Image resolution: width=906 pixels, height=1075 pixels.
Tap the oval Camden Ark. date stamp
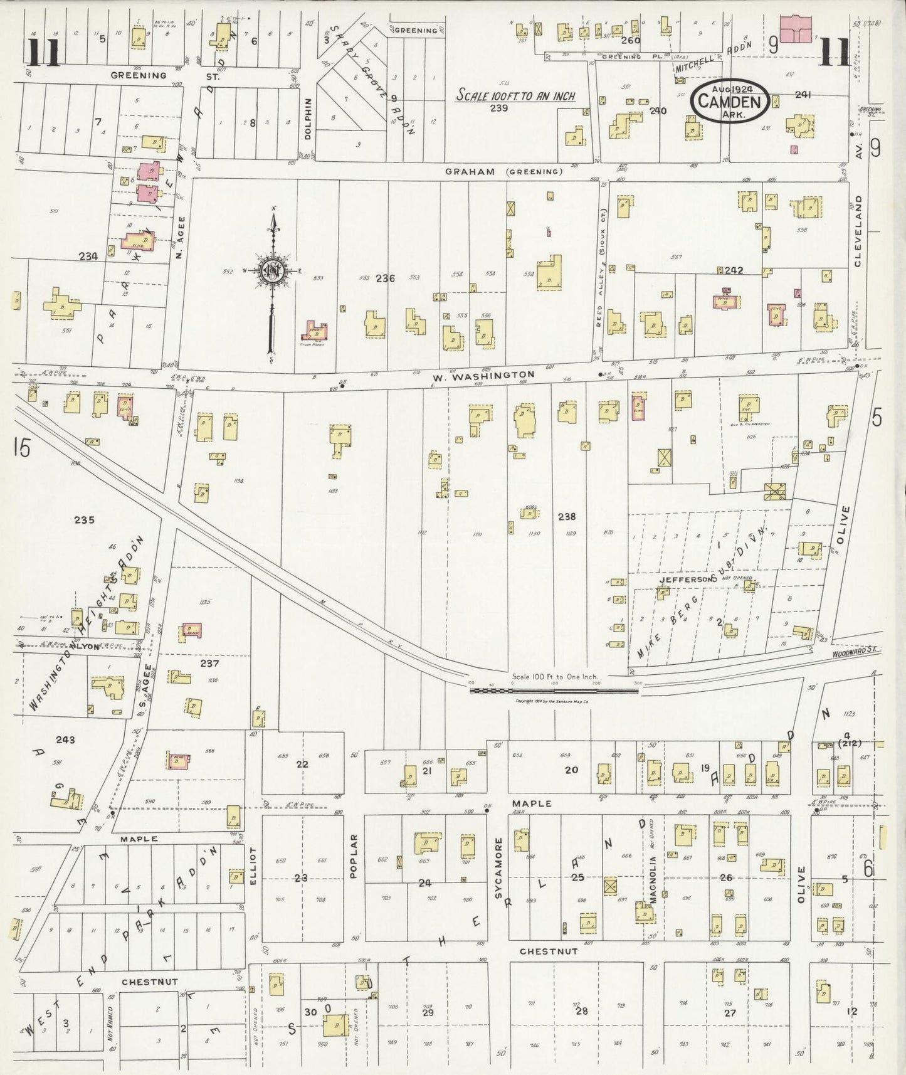tap(730, 100)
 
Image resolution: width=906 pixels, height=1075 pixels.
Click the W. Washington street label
tap(483, 375)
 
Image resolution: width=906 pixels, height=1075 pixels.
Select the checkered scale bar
tap(554, 691)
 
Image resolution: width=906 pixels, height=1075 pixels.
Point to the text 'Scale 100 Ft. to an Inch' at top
tap(515, 95)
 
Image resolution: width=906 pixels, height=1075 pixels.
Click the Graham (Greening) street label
tap(503, 171)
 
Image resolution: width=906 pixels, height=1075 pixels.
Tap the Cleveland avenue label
tap(858, 230)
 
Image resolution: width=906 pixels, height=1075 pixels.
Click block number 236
tap(385, 278)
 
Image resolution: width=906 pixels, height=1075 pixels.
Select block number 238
tap(566, 516)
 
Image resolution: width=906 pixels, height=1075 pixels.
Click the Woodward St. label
tap(857, 653)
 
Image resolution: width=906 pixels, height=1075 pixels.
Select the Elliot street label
tap(253, 866)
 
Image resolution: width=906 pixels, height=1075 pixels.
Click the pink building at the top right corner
tap(795, 29)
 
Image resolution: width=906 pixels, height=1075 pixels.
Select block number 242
tap(734, 270)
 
